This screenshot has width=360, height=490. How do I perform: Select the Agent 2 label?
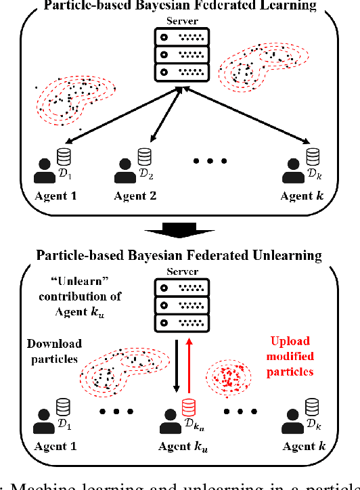tap(135, 196)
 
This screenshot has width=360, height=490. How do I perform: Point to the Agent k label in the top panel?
tap(305, 196)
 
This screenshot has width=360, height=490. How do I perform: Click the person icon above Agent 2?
tap(126, 172)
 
